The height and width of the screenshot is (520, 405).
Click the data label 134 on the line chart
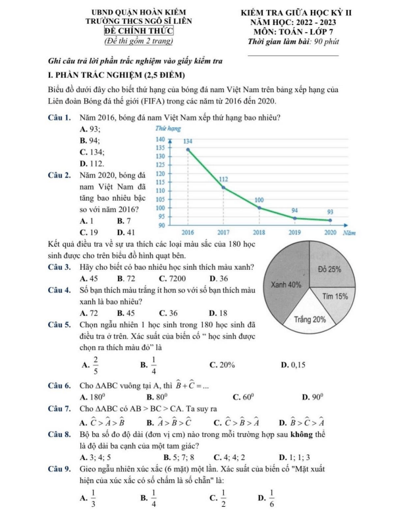pyautogui.click(x=188, y=142)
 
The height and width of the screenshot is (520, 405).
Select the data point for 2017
pyautogui.click(x=223, y=188)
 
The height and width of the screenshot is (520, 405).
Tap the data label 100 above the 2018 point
pyautogui.click(x=259, y=199)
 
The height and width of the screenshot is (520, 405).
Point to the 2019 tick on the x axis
pyautogui.click(x=294, y=232)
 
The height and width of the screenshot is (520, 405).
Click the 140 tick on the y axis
pyautogui.click(x=159, y=140)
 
